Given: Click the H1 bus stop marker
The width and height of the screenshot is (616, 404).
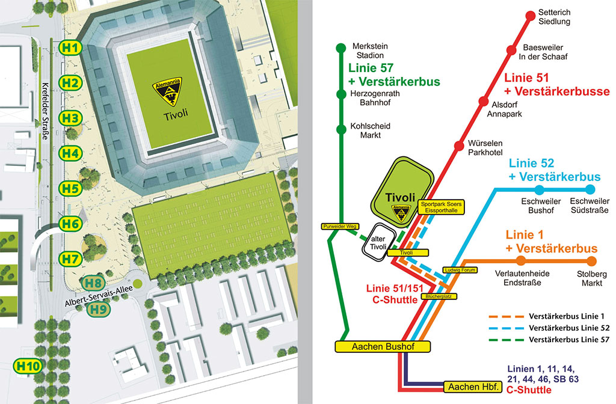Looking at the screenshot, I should pyautogui.click(x=71, y=47).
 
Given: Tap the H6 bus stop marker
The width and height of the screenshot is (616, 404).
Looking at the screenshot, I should pyautogui.click(x=71, y=224).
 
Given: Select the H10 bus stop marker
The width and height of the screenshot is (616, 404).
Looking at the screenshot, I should pyautogui.click(x=28, y=365).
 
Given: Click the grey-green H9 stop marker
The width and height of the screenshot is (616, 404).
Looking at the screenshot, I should pyautogui.click(x=98, y=310).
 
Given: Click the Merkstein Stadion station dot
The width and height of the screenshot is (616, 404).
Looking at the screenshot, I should pyautogui.click(x=340, y=47).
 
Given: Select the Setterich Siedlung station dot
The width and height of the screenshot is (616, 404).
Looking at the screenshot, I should pyautogui.click(x=531, y=16).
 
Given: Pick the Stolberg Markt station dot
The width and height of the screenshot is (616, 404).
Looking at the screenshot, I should pyautogui.click(x=591, y=261).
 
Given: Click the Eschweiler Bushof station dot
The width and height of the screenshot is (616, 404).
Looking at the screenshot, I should pyautogui.click(x=539, y=190).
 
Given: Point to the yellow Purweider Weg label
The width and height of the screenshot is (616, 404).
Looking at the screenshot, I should pyautogui.click(x=340, y=227).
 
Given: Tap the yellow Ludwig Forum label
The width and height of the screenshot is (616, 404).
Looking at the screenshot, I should pyautogui.click(x=460, y=270).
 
